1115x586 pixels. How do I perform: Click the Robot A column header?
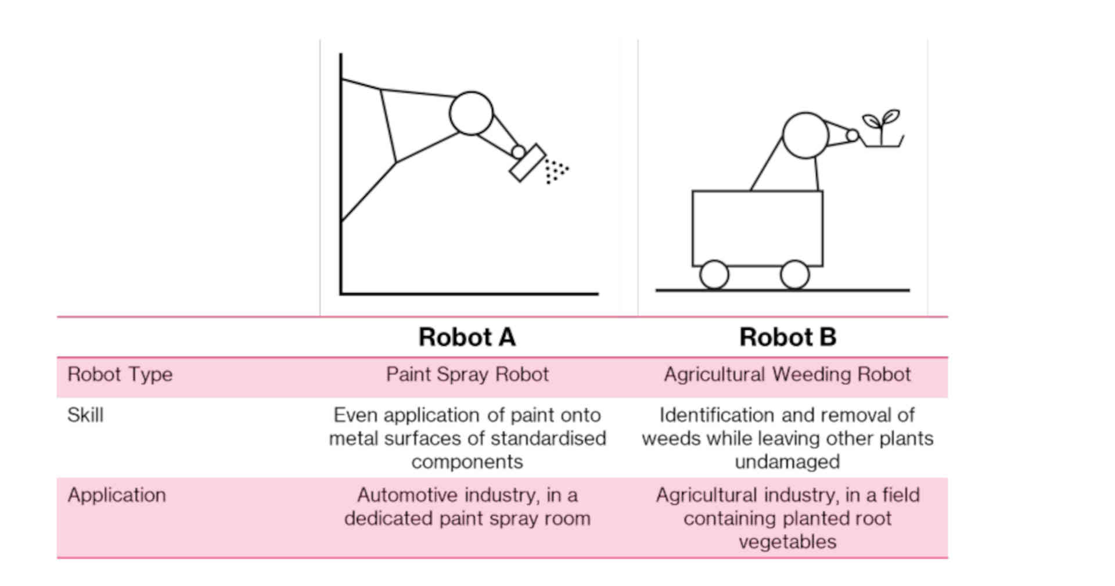click(467, 337)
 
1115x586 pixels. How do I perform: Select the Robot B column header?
click(787, 337)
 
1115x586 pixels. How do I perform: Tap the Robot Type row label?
click(120, 375)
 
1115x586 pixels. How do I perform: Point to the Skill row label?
click(85, 415)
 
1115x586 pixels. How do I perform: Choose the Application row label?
click(117, 495)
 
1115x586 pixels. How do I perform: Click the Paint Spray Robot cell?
click(467, 375)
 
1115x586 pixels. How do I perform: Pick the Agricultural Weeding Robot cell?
click(787, 375)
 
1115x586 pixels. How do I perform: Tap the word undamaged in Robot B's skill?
click(787, 462)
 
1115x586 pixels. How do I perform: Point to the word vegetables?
click(787, 542)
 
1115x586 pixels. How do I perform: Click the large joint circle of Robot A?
click(471, 113)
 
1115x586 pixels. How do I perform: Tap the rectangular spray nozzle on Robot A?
click(527, 163)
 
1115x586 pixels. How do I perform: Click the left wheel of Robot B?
click(714, 275)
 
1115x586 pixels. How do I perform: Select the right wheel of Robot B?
click(794, 275)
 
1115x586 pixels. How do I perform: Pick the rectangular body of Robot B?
click(757, 228)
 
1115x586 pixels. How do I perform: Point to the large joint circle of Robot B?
click(805, 135)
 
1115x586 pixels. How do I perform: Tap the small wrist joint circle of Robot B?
click(852, 135)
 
